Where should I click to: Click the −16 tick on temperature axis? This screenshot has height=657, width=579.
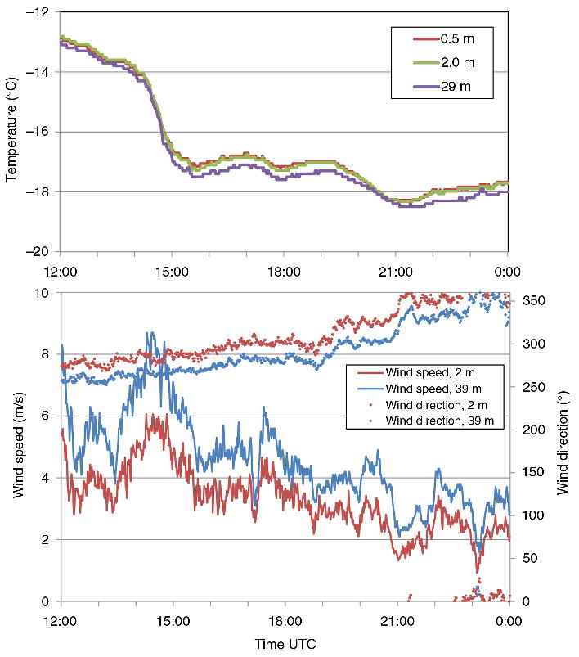(x=38, y=132)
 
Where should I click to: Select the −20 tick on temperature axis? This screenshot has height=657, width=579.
(x=38, y=251)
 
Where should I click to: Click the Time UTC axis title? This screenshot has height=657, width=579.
(x=284, y=643)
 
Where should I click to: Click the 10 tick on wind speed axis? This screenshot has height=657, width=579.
(x=45, y=293)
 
